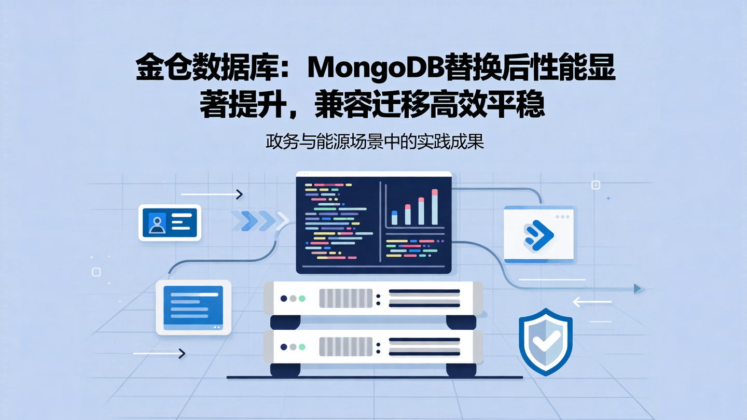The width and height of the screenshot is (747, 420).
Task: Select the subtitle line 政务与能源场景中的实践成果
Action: [x=375, y=141]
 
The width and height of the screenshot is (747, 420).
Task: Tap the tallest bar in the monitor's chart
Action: [x=434, y=207]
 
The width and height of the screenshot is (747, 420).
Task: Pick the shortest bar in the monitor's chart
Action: [x=395, y=217]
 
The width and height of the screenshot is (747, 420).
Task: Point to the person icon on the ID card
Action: [x=157, y=223]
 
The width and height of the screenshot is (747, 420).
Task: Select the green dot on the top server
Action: [x=302, y=299]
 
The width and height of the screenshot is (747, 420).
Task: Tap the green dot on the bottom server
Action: [x=302, y=347]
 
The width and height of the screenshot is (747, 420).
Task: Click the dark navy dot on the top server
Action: [x=283, y=299]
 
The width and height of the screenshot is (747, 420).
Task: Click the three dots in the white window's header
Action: [x=562, y=217]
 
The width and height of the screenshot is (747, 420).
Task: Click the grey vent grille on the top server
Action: [x=345, y=299]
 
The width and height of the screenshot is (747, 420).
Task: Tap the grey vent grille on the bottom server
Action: [x=345, y=347]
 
